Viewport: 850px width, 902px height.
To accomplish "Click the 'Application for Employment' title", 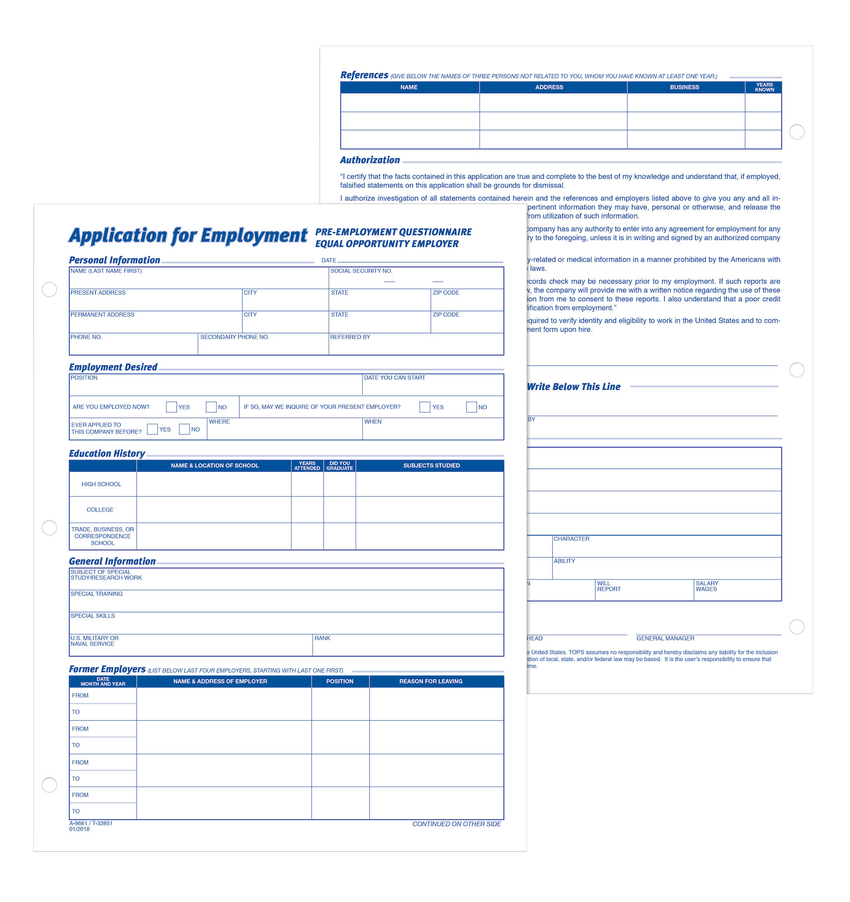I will pos(188,236).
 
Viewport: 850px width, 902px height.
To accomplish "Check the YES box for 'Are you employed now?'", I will pos(171,407).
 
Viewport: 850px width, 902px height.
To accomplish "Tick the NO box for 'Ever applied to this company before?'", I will pos(184,429).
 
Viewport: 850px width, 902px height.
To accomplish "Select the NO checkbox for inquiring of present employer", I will pos(471,407).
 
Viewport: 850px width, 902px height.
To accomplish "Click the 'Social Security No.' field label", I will pos(361,271).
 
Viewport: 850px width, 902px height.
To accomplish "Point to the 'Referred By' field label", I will pos(350,337).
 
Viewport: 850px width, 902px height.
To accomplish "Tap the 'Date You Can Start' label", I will pos(394,378).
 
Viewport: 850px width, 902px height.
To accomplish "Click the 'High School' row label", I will pos(101,485).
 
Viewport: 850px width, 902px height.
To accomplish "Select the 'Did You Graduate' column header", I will pos(340,466).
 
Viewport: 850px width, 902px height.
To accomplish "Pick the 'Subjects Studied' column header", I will pos(432,466).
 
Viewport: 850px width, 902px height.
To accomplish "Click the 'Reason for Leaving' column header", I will pos(431,682).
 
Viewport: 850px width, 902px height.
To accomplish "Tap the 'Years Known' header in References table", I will pos(764,87).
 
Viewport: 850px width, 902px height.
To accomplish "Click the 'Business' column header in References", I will pos(684,87).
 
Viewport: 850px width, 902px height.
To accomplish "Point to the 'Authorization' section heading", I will pos(370,160).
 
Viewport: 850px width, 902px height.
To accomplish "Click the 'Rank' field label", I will pos(322,638).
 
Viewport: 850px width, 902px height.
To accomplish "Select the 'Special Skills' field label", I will pos(93,616).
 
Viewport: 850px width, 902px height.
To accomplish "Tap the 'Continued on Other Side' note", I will pos(457,824).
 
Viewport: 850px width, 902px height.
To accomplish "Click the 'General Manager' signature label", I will pos(665,638).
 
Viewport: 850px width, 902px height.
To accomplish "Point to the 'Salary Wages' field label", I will pos(707,586).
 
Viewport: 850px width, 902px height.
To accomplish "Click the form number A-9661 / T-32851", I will pos(91,823).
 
